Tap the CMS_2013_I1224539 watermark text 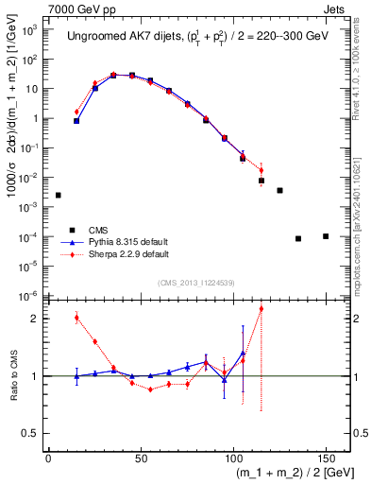click(x=196, y=282)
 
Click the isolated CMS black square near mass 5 click(x=59, y=195)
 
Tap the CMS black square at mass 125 click(x=279, y=190)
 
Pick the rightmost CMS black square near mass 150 click(x=326, y=235)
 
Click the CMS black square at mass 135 click(x=298, y=238)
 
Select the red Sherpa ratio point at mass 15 click(x=76, y=318)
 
